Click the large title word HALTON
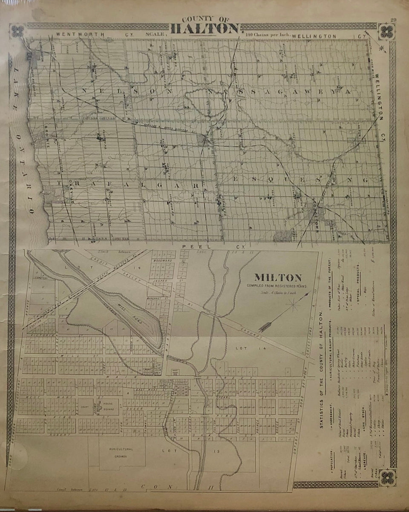(x=204, y=29)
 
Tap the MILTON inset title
(x=273, y=277)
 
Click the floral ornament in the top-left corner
(x=18, y=31)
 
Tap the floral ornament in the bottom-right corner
(x=388, y=477)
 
